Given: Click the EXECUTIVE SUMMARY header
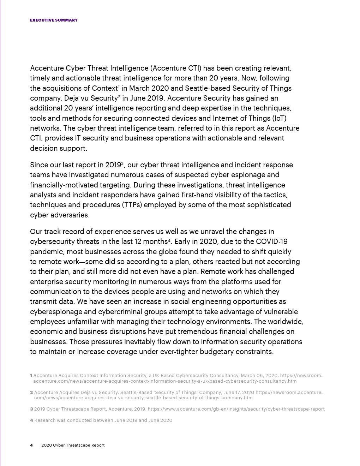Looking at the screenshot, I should click(x=54, y=20).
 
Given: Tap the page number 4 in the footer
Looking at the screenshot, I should click(x=31, y=445).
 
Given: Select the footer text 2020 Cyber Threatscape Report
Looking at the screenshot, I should click(x=73, y=445).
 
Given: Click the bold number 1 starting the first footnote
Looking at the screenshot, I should click(x=31, y=376).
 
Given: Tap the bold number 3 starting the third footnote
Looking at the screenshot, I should click(x=31, y=409).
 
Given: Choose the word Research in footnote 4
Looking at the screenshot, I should click(x=44, y=420).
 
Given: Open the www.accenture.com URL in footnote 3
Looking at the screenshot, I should click(x=236, y=409).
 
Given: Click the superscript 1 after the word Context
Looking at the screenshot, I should click(x=119, y=87).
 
